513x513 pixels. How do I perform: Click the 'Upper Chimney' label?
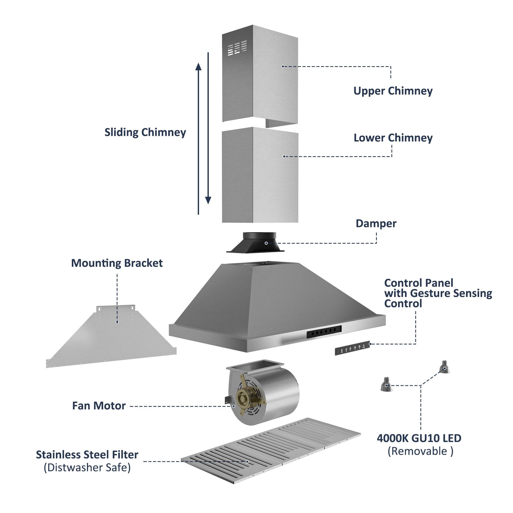click(393, 91)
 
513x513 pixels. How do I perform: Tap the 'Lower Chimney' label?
click(393, 138)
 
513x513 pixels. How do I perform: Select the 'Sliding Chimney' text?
click(145, 133)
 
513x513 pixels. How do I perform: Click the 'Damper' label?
click(376, 224)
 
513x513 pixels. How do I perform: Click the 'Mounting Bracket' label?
click(117, 263)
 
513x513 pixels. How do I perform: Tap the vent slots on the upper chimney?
click(237, 48)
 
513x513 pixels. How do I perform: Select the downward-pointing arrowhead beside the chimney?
click(208, 200)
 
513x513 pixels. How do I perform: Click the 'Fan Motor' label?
click(99, 406)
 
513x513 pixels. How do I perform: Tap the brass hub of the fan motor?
click(242, 398)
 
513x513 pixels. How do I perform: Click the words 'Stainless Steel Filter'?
click(87, 455)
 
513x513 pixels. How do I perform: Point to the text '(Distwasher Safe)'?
click(87, 468)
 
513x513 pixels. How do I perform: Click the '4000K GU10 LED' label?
click(419, 438)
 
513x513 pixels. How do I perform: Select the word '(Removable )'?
click(420, 451)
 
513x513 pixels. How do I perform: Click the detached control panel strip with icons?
click(352, 348)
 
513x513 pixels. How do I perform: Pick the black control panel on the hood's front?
click(324, 331)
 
